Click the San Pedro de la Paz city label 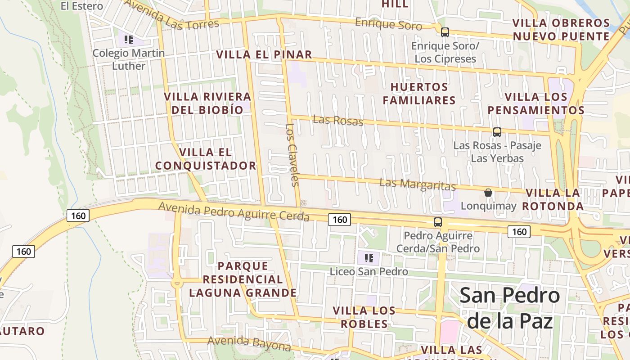click(510, 308)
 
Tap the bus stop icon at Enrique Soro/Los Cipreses click(445, 32)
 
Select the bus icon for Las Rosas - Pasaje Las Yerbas click(497, 132)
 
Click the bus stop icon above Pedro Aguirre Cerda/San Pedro click(437, 222)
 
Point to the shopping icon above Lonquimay click(488, 193)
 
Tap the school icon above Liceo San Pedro click(369, 258)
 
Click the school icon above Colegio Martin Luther click(129, 40)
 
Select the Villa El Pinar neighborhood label click(264, 55)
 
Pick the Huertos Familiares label click(419, 94)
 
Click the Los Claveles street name click(293, 154)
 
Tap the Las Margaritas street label click(418, 184)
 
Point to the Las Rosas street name click(338, 120)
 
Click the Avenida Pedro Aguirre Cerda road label click(234, 211)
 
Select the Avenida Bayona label click(249, 343)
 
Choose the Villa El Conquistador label click(206, 159)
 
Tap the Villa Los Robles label click(364, 317)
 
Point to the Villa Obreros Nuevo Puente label click(561, 30)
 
